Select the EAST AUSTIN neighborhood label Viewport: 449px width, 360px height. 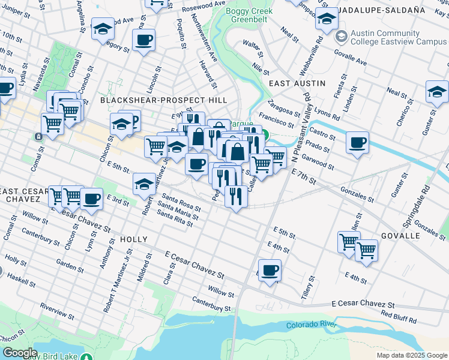[x=297, y=83]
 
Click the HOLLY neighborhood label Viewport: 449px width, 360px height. [x=133, y=239]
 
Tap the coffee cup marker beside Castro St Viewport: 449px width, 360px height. [x=358, y=143]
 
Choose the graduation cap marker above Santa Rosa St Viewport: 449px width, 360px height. [x=145, y=184]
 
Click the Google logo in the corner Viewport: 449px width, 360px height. [x=20, y=353]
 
